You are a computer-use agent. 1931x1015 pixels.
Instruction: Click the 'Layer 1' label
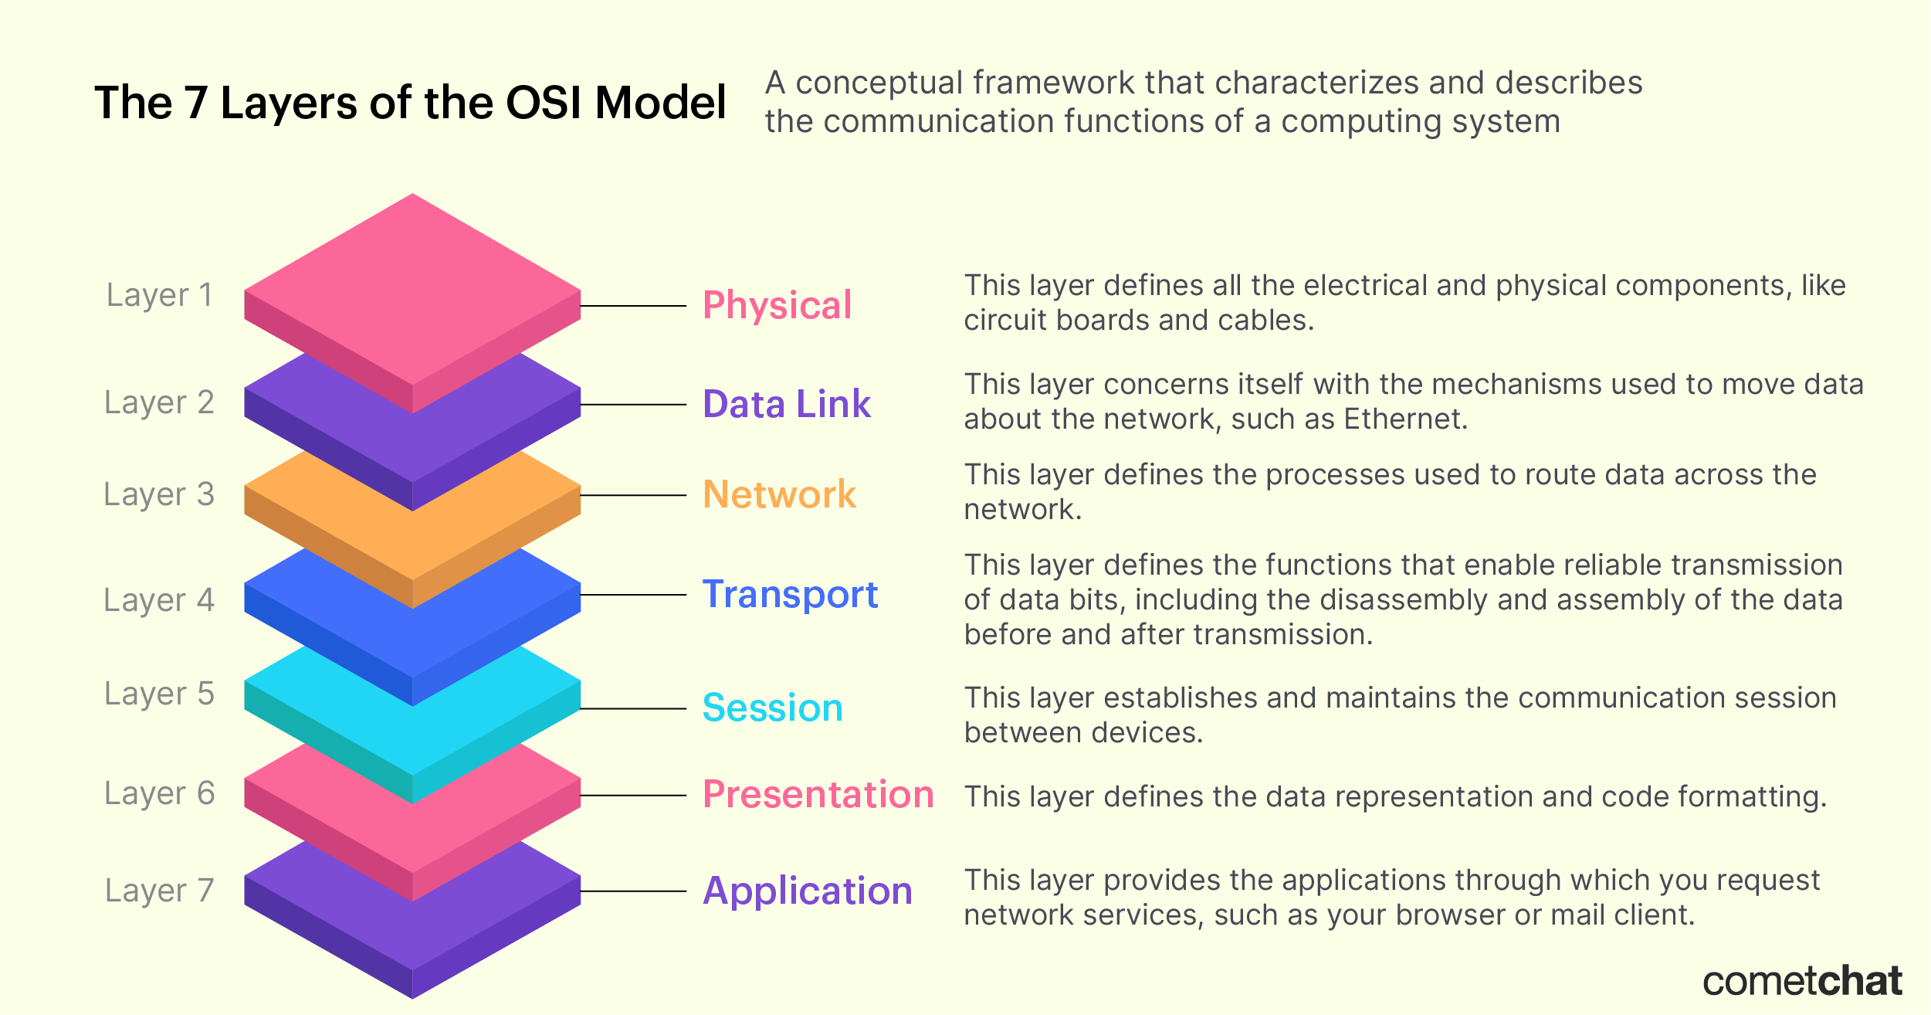click(159, 296)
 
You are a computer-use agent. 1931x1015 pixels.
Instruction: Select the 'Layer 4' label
click(159, 601)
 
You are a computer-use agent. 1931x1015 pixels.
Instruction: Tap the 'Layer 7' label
click(159, 891)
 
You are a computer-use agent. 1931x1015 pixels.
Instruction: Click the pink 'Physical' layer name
click(777, 306)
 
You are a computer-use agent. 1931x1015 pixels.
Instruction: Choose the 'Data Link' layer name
click(787, 404)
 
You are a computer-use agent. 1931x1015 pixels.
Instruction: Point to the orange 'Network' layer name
click(779, 494)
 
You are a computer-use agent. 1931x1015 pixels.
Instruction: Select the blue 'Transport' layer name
click(790, 596)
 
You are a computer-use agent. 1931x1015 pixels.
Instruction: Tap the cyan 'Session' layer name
click(773, 708)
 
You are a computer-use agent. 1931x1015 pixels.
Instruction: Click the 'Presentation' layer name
click(818, 795)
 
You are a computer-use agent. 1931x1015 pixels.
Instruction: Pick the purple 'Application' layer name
click(808, 892)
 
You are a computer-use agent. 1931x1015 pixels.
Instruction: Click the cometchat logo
click(1803, 982)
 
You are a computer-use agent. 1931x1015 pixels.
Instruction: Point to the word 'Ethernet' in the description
click(1405, 419)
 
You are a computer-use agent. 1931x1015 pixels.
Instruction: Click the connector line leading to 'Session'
click(633, 708)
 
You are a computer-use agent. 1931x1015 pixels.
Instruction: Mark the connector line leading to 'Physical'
click(633, 306)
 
